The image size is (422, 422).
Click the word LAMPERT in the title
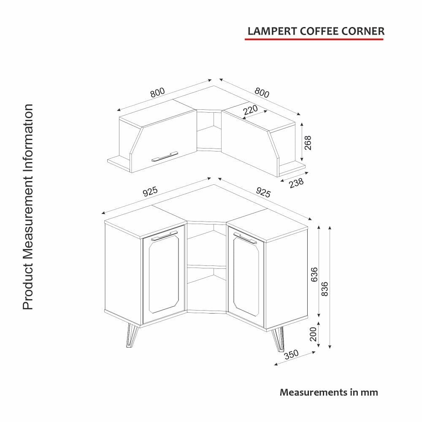coord(272,31)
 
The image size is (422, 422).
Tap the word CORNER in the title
coord(363,31)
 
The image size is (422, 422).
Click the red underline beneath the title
coord(314,39)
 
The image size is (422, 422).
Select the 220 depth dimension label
coord(250,110)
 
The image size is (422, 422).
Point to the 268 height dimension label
coord(307,143)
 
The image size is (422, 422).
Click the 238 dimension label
coord(296,183)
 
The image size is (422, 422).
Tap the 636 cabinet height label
coord(314,275)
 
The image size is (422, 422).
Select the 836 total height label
coord(325,289)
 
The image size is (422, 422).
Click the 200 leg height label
coord(313,334)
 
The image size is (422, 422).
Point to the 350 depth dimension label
coord(291,354)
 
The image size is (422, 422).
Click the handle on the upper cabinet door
coord(165,157)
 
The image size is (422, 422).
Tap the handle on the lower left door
coord(164,235)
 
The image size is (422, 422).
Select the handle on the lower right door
coord(245,238)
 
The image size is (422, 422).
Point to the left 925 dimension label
coord(150,191)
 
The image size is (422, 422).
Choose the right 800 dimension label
coord(262,92)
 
